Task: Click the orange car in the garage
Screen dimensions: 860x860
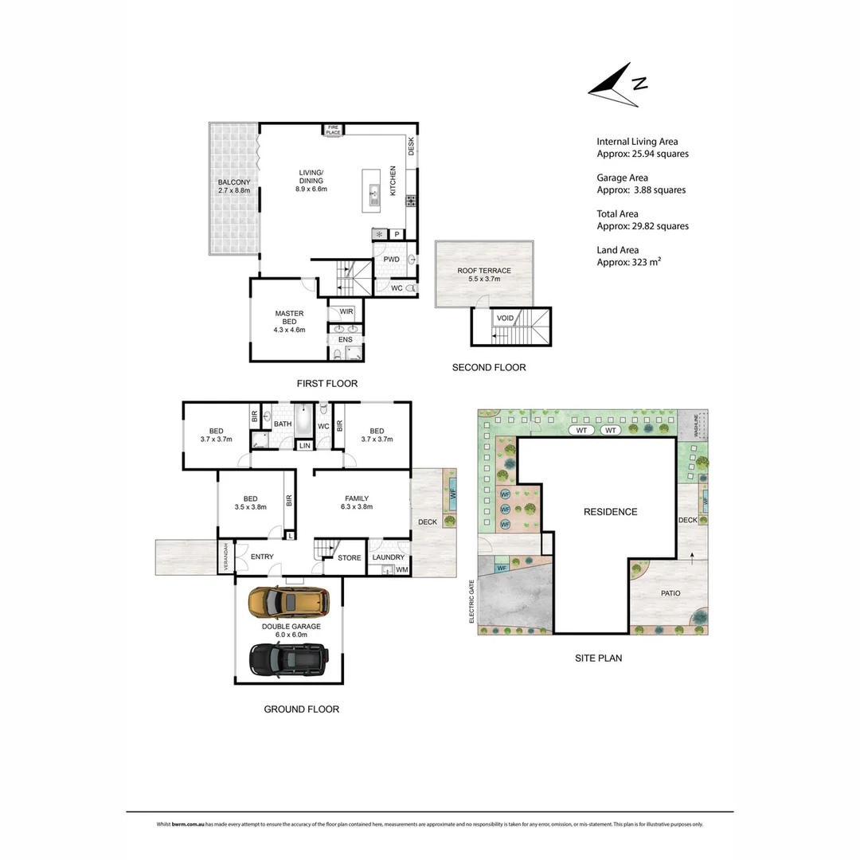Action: click(287, 603)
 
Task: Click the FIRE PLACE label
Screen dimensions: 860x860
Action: click(332, 130)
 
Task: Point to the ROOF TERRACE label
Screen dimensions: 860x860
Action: click(483, 271)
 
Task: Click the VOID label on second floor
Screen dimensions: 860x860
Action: click(505, 318)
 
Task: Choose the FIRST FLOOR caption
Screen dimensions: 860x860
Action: click(326, 384)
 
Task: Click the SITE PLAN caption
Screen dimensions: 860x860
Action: click(598, 659)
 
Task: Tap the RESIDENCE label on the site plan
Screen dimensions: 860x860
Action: click(611, 512)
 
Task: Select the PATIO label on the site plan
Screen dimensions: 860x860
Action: click(670, 593)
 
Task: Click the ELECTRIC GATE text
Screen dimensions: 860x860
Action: click(472, 601)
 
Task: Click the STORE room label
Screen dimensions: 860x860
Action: click(349, 558)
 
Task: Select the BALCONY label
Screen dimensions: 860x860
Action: click(234, 182)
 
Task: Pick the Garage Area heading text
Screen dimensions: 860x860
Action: click(622, 178)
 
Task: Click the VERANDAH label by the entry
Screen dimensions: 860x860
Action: click(225, 557)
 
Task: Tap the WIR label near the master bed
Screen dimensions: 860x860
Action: click(346, 311)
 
